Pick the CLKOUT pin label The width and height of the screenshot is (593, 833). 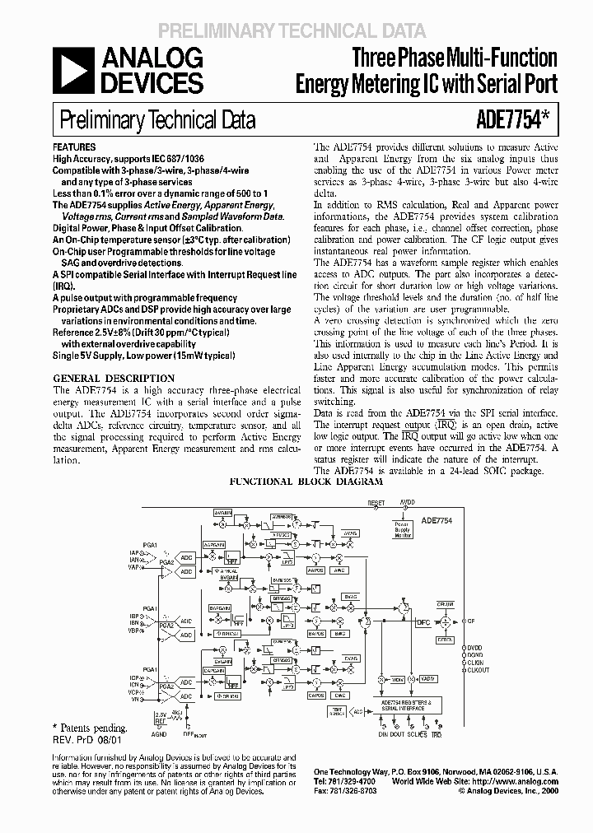pos(480,671)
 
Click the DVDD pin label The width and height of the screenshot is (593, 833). pos(478,648)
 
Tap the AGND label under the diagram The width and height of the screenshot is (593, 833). pos(160,733)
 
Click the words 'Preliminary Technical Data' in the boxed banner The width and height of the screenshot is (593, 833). pos(156,121)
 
